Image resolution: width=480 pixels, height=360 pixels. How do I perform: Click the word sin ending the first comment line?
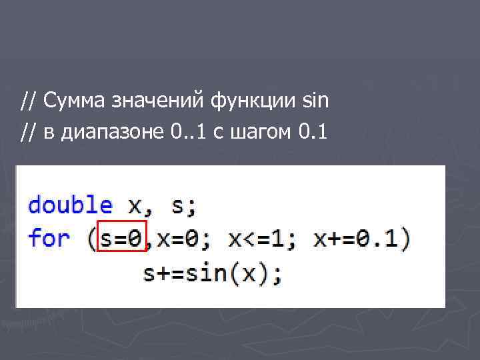(x=315, y=102)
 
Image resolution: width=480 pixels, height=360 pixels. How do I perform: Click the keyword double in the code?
(x=70, y=205)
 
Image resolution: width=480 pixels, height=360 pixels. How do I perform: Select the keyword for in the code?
(x=49, y=238)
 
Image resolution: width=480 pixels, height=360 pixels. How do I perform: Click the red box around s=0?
(x=121, y=237)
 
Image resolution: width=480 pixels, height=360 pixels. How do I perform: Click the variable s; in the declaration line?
(x=184, y=205)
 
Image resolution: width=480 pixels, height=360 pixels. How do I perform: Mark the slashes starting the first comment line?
(x=28, y=102)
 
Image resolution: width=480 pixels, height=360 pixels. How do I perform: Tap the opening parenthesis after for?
(x=91, y=239)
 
